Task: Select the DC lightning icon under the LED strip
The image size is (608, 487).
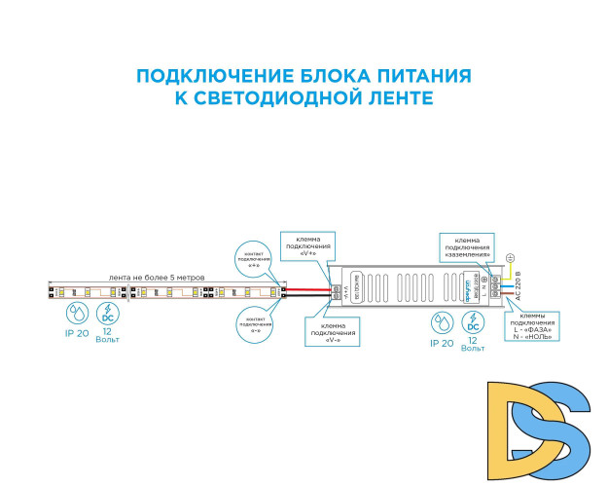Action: [107, 314]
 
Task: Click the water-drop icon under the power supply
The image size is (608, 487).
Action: [441, 323]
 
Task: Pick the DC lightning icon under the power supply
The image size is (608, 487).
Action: [473, 322]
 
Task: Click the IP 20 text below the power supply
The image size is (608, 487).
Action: [441, 344]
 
